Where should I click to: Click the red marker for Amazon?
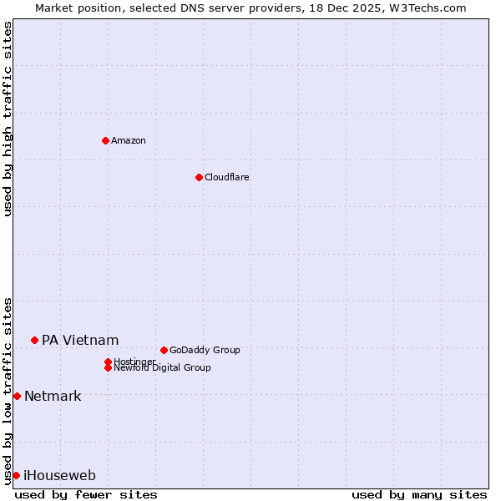[x=105, y=140]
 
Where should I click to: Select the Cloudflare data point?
[x=199, y=177]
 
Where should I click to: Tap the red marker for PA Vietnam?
[x=34, y=340]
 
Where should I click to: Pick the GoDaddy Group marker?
[x=164, y=350]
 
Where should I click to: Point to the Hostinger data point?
[x=108, y=362]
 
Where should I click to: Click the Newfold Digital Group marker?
[x=108, y=367]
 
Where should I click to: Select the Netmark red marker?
[x=17, y=396]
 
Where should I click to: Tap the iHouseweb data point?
[x=16, y=475]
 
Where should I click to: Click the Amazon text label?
[x=129, y=140]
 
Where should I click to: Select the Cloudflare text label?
[x=227, y=177]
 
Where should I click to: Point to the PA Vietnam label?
[x=80, y=340]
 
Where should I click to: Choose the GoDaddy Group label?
[x=205, y=350]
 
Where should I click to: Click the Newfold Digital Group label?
[x=163, y=367]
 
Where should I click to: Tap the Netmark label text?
[x=53, y=396]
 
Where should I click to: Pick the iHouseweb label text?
[x=59, y=475]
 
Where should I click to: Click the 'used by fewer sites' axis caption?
[x=86, y=494]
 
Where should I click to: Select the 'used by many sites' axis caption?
[x=419, y=494]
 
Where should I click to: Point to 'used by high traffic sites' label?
[x=8, y=119]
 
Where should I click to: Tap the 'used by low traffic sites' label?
[x=8, y=390]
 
